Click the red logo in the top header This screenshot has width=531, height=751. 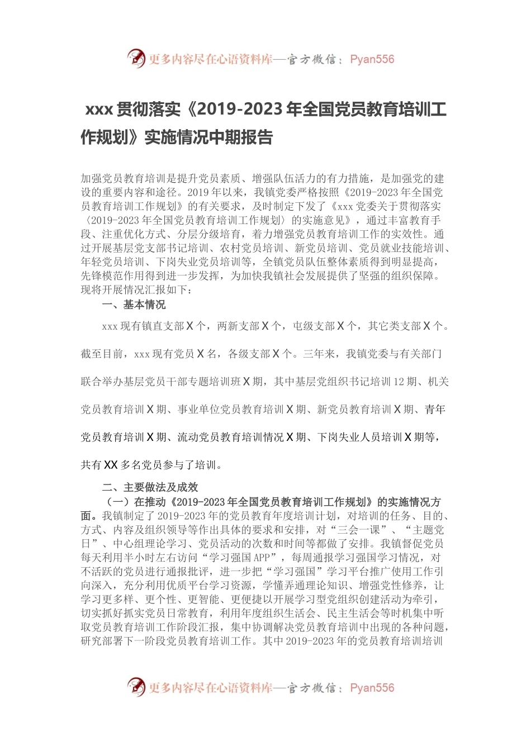(136, 58)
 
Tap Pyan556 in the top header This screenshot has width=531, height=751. (372, 59)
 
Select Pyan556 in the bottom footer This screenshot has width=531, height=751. (372, 688)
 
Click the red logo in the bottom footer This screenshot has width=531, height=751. (136, 687)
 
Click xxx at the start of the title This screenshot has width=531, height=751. (99, 110)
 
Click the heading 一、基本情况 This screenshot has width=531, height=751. (134, 305)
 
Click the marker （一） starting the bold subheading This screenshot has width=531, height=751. (117, 502)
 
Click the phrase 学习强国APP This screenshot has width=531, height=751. (239, 558)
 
